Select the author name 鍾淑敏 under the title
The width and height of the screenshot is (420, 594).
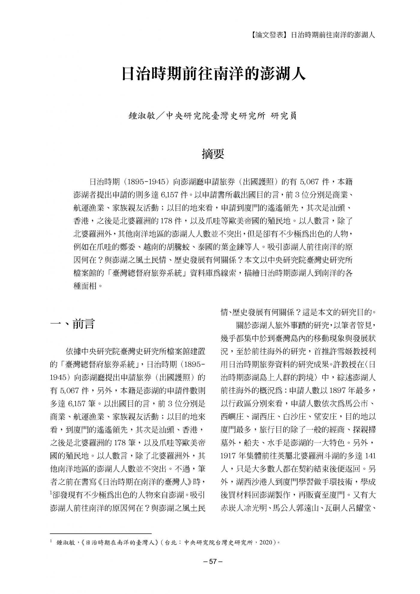pos(141,116)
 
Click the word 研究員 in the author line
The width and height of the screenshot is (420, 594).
pos(283,116)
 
